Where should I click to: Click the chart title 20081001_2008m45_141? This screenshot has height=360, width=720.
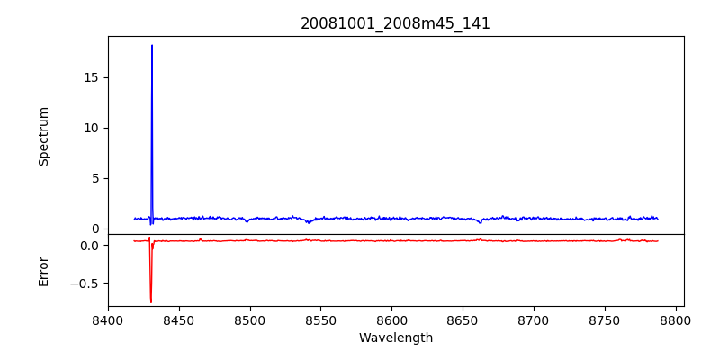[395, 23]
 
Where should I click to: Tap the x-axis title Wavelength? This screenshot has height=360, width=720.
[395, 338]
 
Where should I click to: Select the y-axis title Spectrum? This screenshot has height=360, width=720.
[43, 136]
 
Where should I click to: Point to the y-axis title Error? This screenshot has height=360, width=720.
[43, 271]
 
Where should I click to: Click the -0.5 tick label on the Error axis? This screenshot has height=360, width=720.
[85, 283]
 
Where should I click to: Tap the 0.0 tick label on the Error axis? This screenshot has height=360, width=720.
[88, 245]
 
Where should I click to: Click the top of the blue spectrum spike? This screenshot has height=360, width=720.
[152, 45]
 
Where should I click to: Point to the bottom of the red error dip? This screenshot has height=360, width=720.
[151, 302]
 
